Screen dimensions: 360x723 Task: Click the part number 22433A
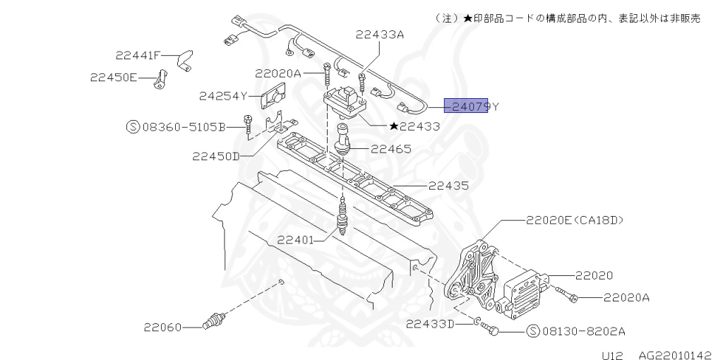380,33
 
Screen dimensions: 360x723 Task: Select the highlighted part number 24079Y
471,107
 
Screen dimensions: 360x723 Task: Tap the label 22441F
139,55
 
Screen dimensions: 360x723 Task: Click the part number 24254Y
222,96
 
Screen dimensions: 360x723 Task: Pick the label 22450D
215,156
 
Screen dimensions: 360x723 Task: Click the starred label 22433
414,127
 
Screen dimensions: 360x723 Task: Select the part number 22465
392,150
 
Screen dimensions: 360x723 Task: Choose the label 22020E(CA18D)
575,220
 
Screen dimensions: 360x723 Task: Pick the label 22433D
430,323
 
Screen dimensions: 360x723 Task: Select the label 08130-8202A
576,330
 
